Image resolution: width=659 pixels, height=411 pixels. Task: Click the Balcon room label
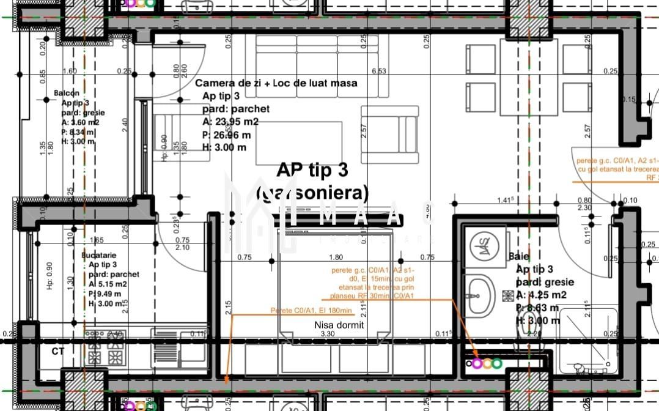pos(67,93)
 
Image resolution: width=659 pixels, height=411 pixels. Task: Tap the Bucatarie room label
pos(98,254)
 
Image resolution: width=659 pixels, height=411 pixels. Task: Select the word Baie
pos(519,257)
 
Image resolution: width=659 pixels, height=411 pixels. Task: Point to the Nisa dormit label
pos(339,325)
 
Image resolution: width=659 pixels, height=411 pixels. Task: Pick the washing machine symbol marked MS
pos(485,246)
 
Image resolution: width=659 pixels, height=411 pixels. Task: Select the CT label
pos(58,352)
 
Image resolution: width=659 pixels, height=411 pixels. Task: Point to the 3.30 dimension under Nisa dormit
pos(328,334)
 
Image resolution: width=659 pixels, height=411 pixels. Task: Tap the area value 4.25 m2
pos(537,295)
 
